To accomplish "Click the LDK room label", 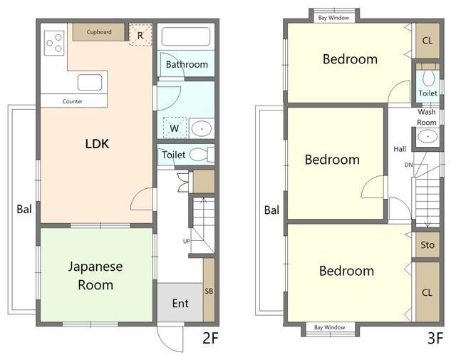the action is (x=97, y=144).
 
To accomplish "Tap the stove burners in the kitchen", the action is (x=54, y=43).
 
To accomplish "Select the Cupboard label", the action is (x=99, y=32).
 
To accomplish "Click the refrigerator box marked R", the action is (x=140, y=35).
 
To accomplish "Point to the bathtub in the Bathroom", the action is (x=186, y=36).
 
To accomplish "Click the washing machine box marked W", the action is (x=175, y=128).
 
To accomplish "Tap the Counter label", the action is (x=73, y=101).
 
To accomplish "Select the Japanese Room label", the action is (x=95, y=275).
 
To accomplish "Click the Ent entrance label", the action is (x=180, y=304).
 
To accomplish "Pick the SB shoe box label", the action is (x=209, y=291).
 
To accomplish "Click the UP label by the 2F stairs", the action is (x=187, y=241).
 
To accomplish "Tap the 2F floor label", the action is (x=210, y=338).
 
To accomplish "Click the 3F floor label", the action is (x=435, y=338).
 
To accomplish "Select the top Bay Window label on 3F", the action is (x=333, y=18).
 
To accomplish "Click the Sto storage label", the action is (x=427, y=245).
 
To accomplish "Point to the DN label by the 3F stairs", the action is (x=408, y=165).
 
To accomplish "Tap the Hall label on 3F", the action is (x=400, y=149).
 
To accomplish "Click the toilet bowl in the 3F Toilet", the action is (x=428, y=78).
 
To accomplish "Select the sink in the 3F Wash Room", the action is (x=427, y=136).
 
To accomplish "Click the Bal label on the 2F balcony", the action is (x=24, y=210).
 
